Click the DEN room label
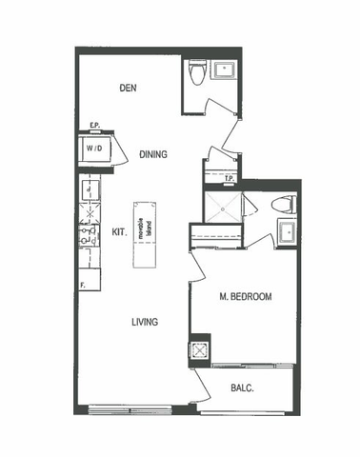(129, 89)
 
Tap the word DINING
(153, 153)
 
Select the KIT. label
(120, 231)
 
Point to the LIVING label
(144, 322)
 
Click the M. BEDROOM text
(244, 297)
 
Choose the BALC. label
(243, 387)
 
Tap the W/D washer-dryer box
(95, 149)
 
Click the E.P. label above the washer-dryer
(95, 126)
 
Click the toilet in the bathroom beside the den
(197, 72)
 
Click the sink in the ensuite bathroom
(285, 229)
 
